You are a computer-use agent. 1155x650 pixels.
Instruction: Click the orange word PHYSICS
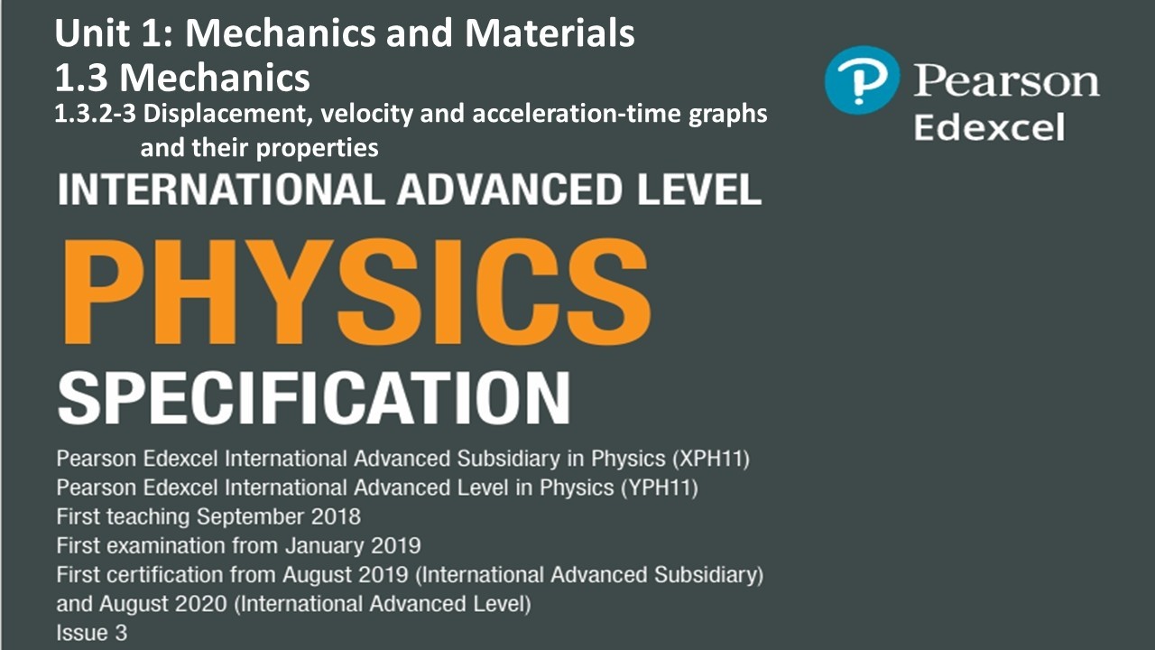[x=354, y=288]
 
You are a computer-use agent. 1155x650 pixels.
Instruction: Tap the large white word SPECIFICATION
[x=313, y=395]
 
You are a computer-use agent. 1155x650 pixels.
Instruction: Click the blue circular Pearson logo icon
[x=862, y=80]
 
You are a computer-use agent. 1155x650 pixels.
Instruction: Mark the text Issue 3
[x=91, y=633]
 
